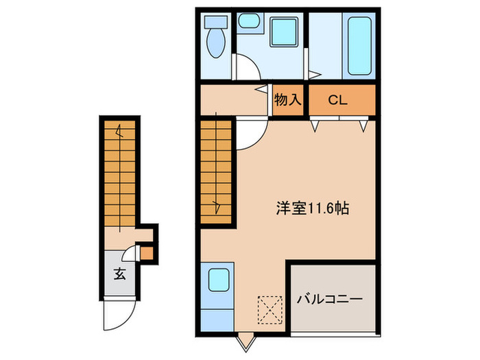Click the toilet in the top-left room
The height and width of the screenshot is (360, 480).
(x=216, y=43)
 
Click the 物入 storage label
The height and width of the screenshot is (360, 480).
(x=288, y=100)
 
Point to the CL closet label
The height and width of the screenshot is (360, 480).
(x=337, y=100)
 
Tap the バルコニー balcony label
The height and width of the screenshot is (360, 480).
(x=329, y=300)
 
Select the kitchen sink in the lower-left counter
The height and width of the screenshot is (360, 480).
(x=219, y=280)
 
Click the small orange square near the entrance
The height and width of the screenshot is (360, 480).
(x=145, y=253)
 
